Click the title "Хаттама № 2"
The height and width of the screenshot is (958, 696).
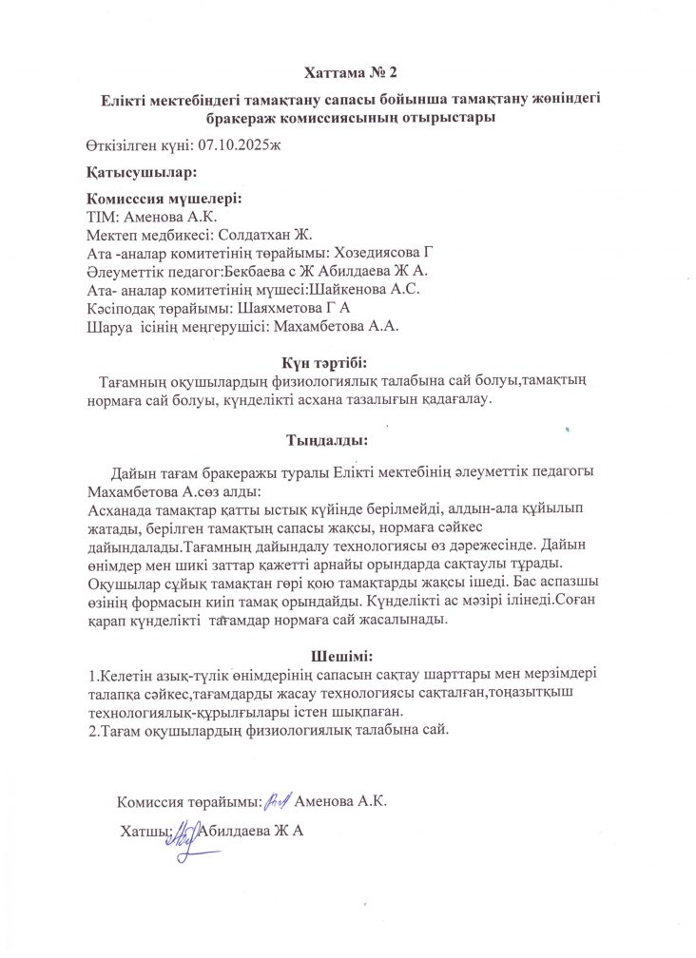coord(350,72)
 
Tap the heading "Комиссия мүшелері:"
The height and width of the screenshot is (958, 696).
coord(164,200)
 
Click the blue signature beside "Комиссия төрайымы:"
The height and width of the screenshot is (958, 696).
coord(277,800)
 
